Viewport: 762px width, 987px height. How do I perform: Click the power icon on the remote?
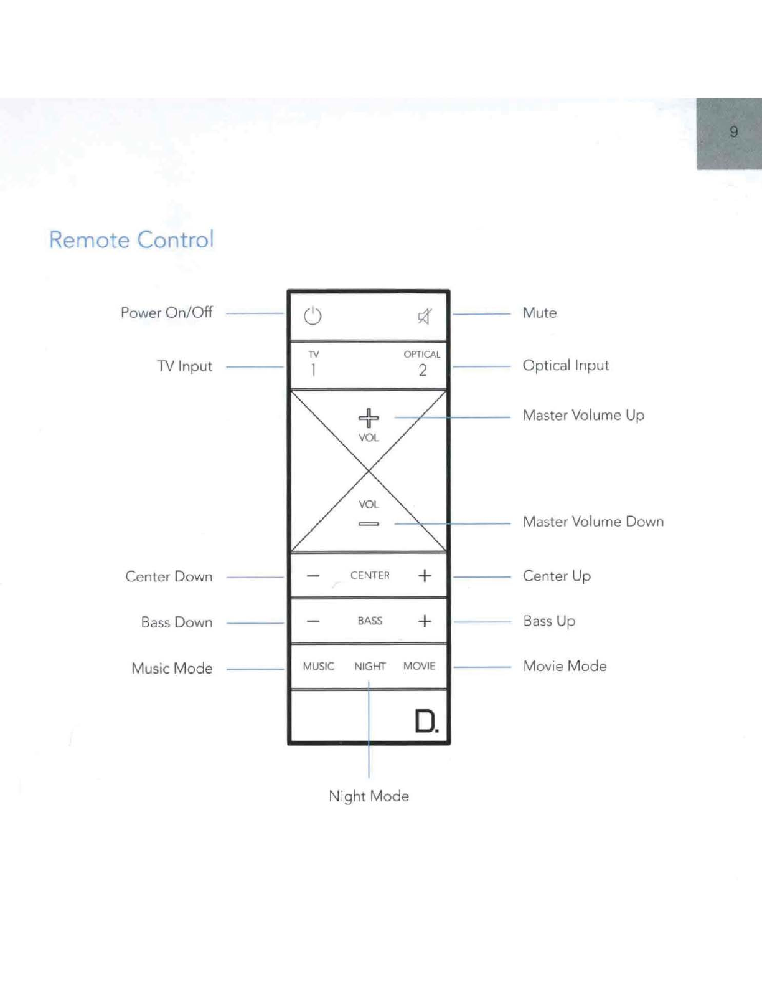(313, 316)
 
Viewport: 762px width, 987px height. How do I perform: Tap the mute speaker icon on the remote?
(424, 317)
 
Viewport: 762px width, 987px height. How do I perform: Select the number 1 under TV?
(313, 370)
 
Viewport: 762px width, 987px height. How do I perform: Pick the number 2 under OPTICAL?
(423, 370)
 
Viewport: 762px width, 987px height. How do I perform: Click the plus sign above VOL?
(369, 417)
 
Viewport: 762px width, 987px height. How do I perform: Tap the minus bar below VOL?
(369, 524)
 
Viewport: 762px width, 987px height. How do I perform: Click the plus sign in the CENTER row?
(425, 576)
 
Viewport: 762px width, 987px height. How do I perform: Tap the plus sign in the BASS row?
(425, 621)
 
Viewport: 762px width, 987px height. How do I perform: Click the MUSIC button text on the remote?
(319, 667)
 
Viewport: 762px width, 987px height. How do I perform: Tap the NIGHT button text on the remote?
(370, 667)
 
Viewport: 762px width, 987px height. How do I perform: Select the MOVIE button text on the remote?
(419, 666)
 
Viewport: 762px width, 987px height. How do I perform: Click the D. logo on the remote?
(426, 721)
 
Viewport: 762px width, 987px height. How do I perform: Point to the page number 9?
(734, 132)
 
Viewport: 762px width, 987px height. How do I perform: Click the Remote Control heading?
(131, 240)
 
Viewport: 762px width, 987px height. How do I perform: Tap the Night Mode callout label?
(369, 796)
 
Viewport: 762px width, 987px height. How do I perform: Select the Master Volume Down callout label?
(593, 522)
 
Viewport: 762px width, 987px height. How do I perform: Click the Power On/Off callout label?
(166, 313)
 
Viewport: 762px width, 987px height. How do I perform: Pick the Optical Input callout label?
(565, 366)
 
